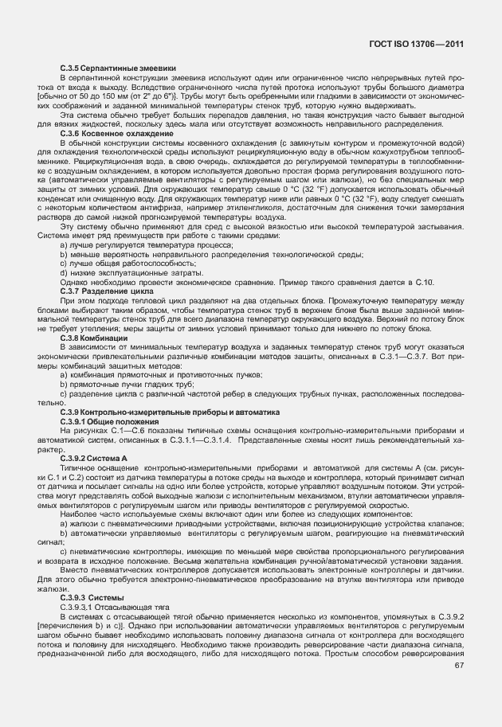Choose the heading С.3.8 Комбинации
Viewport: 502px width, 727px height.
pyautogui.click(x=93, y=337)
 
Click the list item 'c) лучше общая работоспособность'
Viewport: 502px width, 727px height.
pyautogui.click(x=127, y=264)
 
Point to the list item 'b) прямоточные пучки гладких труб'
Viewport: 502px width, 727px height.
pyautogui.click(x=127, y=384)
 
